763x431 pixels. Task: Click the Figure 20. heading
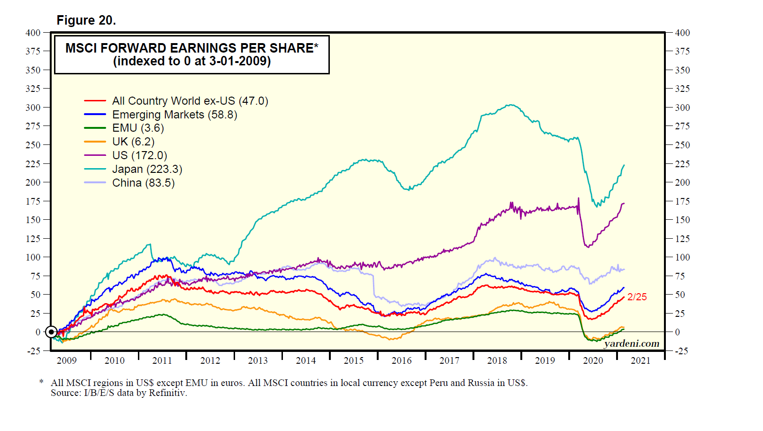coord(86,20)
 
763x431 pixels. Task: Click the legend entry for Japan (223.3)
coord(147,169)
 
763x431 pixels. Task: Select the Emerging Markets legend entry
coord(174,115)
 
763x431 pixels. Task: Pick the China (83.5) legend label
coord(143,183)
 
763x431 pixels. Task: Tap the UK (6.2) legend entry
coord(133,142)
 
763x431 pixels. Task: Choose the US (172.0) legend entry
coord(139,155)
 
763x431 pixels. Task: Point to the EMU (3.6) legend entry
coord(138,128)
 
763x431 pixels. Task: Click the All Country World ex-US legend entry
coord(190,101)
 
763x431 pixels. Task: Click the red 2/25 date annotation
coord(637,297)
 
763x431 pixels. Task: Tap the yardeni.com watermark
coord(631,343)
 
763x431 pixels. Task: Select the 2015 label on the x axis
coord(354,361)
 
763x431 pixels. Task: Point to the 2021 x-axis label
coord(641,361)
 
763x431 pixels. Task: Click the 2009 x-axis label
coord(66,361)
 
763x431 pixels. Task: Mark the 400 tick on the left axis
coord(33,33)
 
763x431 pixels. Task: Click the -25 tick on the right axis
coord(681,351)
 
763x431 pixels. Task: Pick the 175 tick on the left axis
coord(33,201)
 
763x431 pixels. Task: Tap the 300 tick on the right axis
coord(682,108)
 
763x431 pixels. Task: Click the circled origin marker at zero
coord(51,332)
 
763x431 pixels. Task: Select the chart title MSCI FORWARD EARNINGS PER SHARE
coord(191,48)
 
